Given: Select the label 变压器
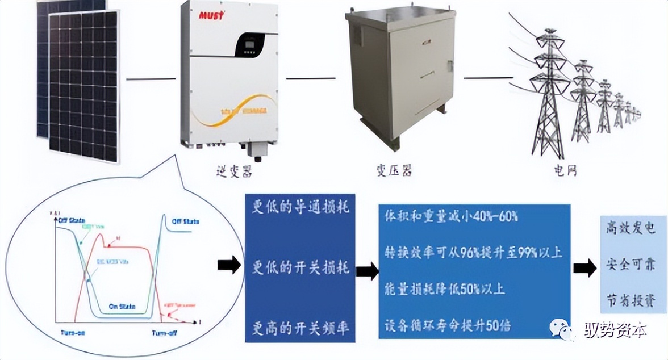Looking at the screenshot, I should tap(393, 169).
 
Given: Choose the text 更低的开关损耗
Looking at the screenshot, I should tap(300, 268).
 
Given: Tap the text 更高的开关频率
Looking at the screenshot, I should tap(300, 328).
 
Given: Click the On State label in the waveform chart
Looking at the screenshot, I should tap(122, 306).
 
